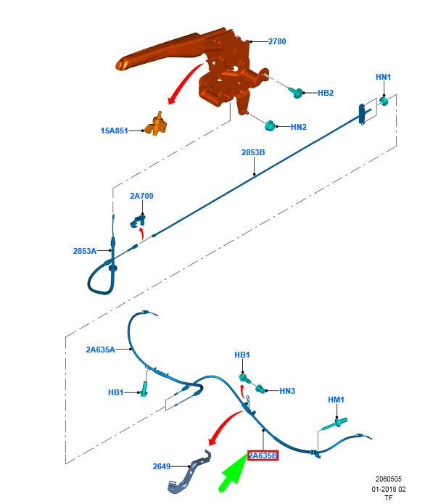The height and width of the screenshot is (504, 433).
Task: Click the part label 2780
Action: [277, 41]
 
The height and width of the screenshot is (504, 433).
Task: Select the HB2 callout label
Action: [326, 93]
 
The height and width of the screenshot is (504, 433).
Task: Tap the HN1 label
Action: [383, 77]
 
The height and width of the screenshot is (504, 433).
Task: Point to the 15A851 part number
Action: [114, 131]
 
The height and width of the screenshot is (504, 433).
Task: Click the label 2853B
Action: [253, 152]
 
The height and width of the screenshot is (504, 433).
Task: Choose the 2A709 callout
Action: [141, 196]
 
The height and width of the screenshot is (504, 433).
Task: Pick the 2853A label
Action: [85, 251]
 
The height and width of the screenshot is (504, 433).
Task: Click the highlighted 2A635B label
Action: [263, 455]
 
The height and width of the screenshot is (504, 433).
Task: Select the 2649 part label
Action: [161, 466]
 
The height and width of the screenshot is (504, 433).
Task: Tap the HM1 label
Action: [336, 400]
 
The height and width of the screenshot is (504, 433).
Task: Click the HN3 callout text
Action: [287, 391]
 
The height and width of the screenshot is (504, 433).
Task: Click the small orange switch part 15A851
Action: [156, 124]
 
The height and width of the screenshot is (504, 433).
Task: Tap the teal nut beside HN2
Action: [270, 125]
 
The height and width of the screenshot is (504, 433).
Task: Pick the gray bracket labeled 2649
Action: [189, 472]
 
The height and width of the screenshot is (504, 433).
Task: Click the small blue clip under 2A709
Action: [138, 221]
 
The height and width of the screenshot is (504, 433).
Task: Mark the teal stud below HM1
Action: [335, 424]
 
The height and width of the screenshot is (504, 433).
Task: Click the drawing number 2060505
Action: [389, 479]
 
